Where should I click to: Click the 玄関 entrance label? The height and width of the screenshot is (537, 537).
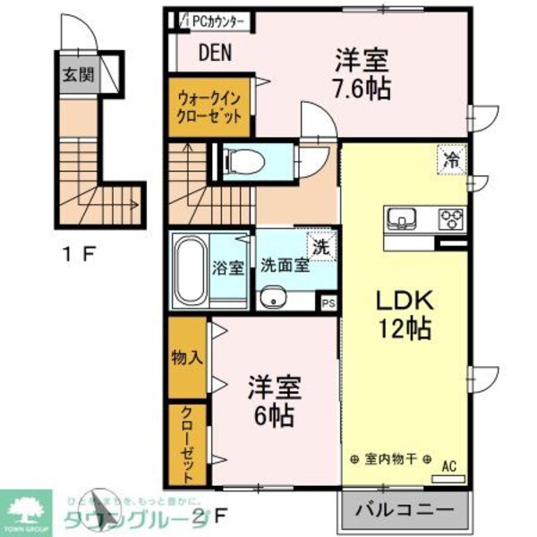(x=77, y=75)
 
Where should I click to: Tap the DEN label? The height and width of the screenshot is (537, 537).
(x=214, y=53)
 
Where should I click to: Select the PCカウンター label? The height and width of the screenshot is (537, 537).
(x=220, y=20)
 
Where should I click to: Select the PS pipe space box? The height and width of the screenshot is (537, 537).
(x=328, y=303)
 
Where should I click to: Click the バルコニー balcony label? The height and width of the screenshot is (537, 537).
(x=404, y=514)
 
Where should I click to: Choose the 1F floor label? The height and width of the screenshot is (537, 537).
(x=78, y=252)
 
